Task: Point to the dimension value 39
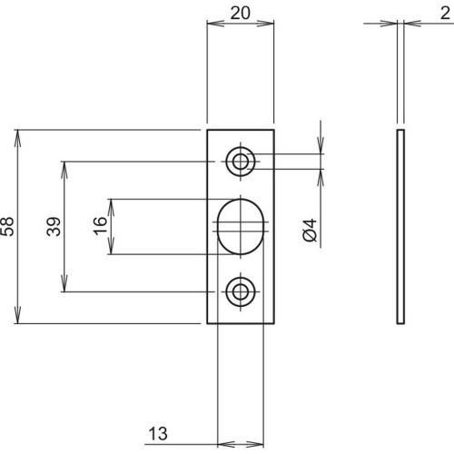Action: point(54,227)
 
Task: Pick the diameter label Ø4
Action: point(309,232)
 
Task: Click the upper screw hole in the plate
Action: point(240,163)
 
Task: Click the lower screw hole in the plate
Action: point(240,291)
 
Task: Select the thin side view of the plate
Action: point(400,227)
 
